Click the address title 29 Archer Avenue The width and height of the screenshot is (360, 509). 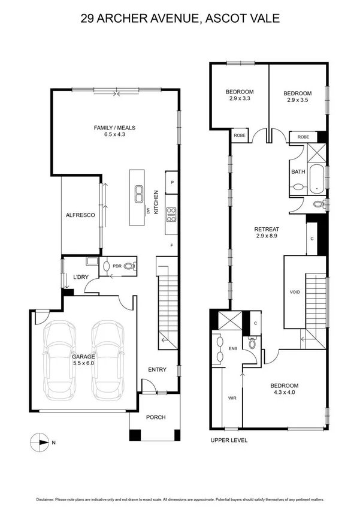180,19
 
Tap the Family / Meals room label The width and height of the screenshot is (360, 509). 114,131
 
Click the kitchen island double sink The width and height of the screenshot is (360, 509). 138,193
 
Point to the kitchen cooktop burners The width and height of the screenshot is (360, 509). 170,210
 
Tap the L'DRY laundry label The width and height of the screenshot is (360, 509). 81,277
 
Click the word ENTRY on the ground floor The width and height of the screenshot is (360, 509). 157,370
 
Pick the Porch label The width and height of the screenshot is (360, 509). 155,417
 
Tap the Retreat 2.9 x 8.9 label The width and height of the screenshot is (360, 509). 267,233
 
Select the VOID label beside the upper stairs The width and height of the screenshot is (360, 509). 294,292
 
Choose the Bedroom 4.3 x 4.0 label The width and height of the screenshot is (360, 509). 284,389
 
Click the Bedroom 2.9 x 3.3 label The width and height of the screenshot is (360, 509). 238,95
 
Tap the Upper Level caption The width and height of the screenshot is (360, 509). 229,440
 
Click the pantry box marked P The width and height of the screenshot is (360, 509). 172,182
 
